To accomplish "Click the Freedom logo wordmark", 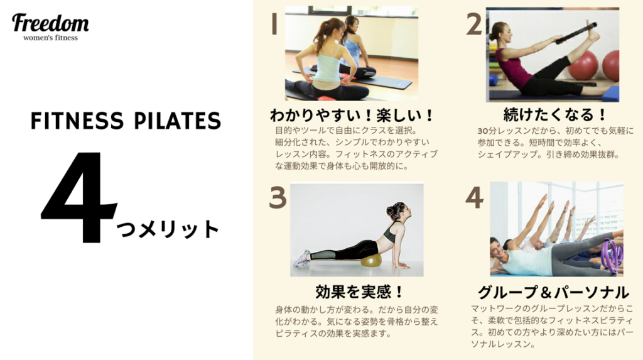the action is [50, 23].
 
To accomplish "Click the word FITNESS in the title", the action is [77, 121].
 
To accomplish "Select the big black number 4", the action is [78, 197].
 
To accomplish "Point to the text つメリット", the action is [167, 229].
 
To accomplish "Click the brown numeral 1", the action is [274, 24].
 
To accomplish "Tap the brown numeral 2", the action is [474, 24].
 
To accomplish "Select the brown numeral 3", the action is [278, 197].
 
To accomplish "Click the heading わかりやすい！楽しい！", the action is [352, 115].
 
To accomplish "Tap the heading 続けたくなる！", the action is [554, 114].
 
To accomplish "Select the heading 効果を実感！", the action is [359, 292].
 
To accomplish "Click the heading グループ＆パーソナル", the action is [553, 292].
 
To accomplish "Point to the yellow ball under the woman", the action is [370, 260].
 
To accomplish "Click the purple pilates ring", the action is [612, 254].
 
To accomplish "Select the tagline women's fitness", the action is [50, 38].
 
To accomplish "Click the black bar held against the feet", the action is [576, 33].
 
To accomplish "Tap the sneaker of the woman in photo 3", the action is [301, 258].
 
